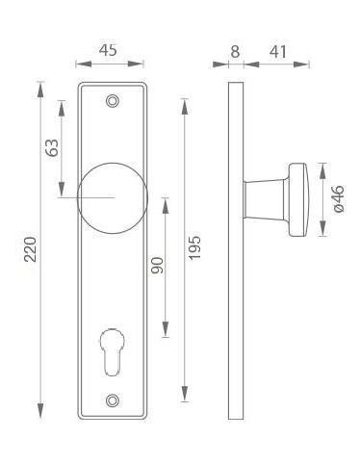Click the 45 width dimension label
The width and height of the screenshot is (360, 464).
(x=108, y=51)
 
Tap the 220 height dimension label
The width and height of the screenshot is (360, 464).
(x=31, y=249)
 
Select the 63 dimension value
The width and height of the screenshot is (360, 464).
(x=52, y=147)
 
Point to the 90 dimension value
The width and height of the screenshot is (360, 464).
(x=157, y=266)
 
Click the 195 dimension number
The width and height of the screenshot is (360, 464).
(x=193, y=247)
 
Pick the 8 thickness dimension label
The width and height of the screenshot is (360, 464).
(x=235, y=51)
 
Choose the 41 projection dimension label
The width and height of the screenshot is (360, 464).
(x=277, y=51)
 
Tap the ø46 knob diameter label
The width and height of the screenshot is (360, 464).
(x=339, y=198)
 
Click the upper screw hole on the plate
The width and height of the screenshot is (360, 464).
(x=112, y=101)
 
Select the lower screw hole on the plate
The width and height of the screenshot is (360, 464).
(x=112, y=400)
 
